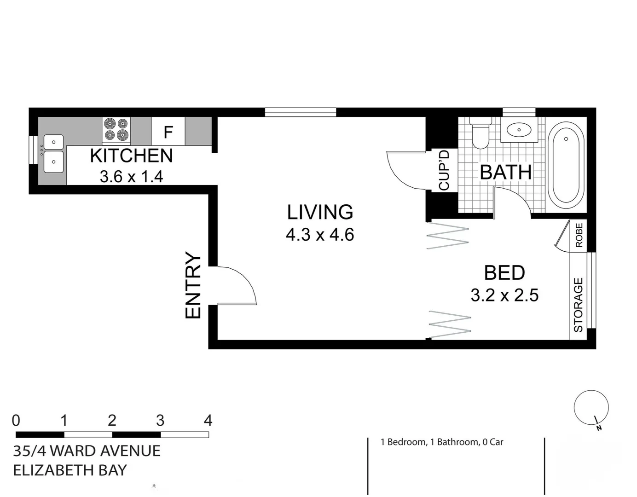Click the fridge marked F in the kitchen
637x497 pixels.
coord(168,131)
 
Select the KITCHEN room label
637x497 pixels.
coord(131,156)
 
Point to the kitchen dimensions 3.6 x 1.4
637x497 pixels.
coord(131,177)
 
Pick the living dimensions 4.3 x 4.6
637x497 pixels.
coord(320,235)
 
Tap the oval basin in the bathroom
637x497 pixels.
coord(519,129)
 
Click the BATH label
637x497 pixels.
coord(506,172)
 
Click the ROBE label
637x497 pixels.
coord(579,235)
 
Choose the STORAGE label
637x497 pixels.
coord(579,305)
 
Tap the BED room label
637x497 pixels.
coord(504,273)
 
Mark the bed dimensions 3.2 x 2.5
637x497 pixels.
coord(504,295)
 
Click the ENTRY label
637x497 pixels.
coord(193,285)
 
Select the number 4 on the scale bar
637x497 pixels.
coord(208,420)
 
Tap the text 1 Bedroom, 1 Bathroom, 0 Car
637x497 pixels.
coord(442,442)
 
